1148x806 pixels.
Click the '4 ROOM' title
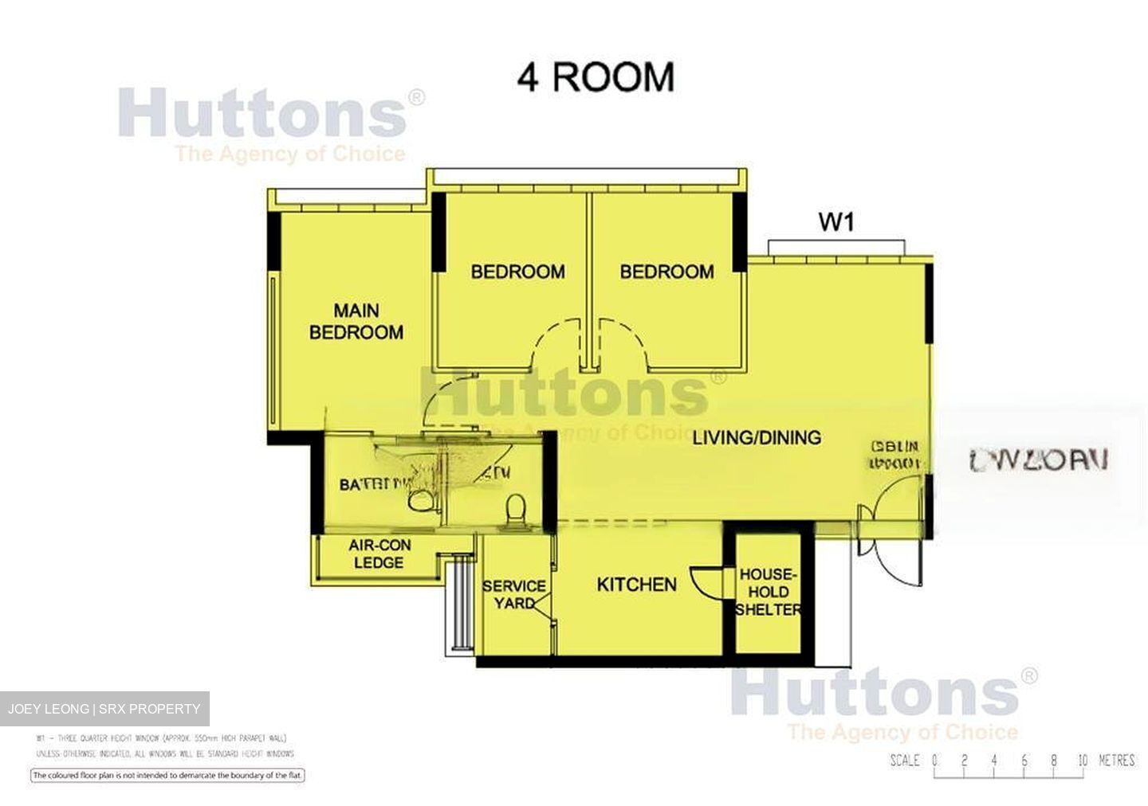tap(596, 77)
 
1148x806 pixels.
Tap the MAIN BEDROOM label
tap(356, 322)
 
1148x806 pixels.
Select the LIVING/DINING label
tap(756, 437)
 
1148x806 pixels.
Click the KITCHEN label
tap(636, 585)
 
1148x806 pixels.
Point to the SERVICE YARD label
tap(514, 594)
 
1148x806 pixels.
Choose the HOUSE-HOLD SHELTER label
tap(768, 592)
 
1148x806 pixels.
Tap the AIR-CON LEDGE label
tap(379, 554)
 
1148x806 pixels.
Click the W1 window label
tap(836, 221)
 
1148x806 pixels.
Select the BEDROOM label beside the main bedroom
tap(517, 272)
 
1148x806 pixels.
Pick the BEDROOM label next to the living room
tap(666, 272)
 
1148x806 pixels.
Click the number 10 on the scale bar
tap(1082, 760)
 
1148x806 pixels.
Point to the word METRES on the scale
tap(1116, 760)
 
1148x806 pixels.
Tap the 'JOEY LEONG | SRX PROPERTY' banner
tap(104, 709)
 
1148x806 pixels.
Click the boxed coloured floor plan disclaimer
tap(168, 775)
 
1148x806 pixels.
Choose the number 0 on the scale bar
tap(934, 760)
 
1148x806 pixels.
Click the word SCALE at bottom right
tap(905, 760)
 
